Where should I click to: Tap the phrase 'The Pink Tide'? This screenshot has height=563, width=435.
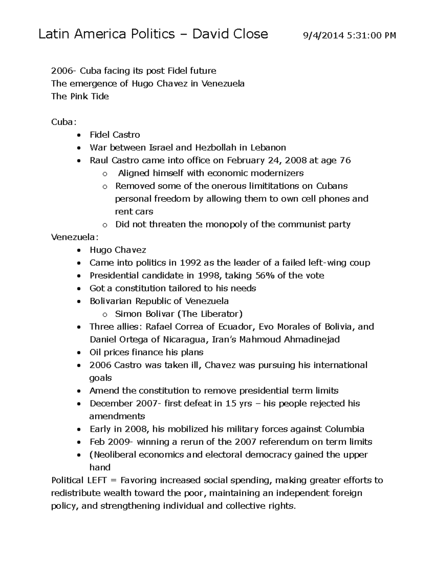click(x=80, y=96)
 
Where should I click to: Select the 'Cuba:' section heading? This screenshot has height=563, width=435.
click(x=64, y=122)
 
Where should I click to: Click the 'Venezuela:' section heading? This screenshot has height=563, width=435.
click(x=75, y=237)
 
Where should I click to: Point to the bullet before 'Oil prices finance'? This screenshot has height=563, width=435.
click(x=79, y=353)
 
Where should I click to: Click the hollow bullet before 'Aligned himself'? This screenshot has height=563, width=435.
click(x=105, y=174)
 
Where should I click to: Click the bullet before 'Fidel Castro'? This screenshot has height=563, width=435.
click(x=79, y=135)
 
